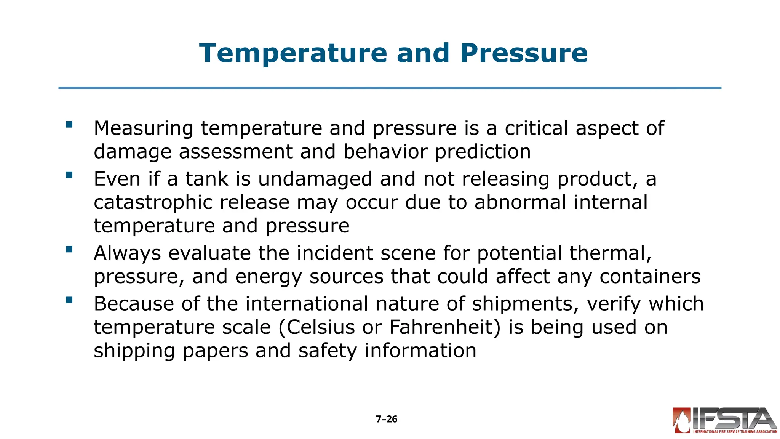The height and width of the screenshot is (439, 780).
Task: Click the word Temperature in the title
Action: pyautogui.click(x=293, y=53)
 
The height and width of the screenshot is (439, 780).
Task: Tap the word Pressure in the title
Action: pyautogui.click(x=524, y=53)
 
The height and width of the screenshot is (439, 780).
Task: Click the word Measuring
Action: pyautogui.click(x=144, y=128)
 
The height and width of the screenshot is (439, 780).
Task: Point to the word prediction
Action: pyautogui.click(x=483, y=152)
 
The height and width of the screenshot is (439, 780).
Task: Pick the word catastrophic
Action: pyautogui.click(x=153, y=202)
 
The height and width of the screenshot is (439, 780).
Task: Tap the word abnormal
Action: pyautogui.click(x=520, y=202)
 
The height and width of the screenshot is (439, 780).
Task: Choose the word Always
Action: pyautogui.click(x=127, y=253)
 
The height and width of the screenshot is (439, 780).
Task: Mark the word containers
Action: pyautogui.click(x=650, y=277)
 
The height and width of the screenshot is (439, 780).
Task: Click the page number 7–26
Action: pyautogui.click(x=387, y=419)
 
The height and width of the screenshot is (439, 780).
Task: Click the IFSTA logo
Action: pyautogui.click(x=725, y=420)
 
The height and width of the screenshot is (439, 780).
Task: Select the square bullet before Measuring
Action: pyautogui.click(x=69, y=125)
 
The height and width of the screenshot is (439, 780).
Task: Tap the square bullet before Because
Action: pyautogui.click(x=69, y=300)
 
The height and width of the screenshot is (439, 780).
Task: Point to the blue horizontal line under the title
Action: pyautogui.click(x=390, y=88)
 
